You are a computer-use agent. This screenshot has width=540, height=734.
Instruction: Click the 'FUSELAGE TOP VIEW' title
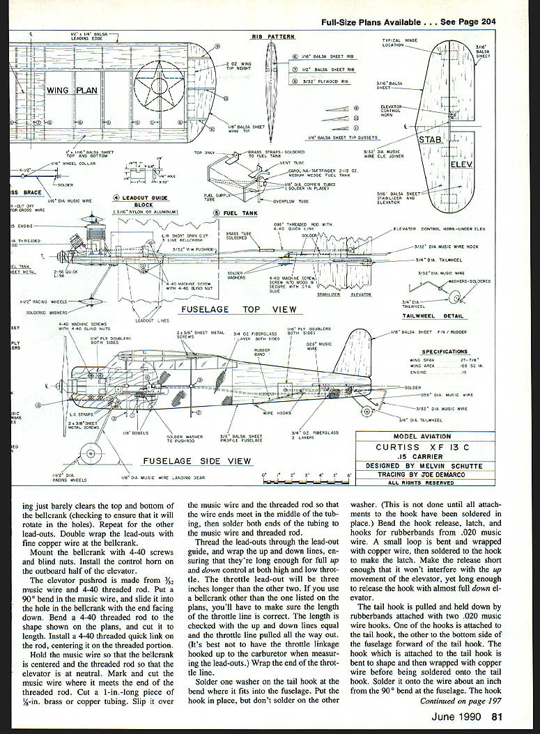239,309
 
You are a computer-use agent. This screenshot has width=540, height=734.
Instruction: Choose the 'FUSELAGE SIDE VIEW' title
197,460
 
